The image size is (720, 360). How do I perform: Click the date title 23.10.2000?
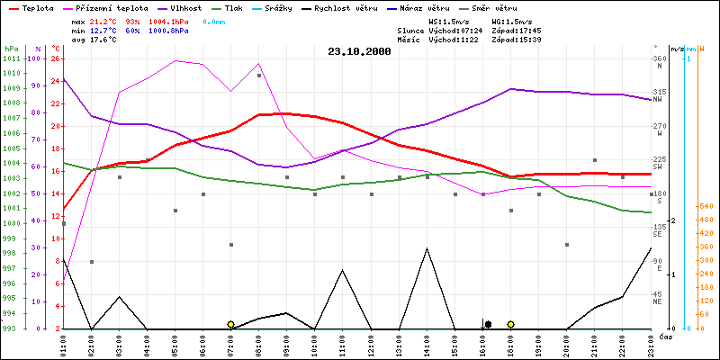point(359,52)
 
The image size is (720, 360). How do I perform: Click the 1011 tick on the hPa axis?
point(12,59)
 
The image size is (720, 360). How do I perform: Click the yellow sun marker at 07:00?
point(231,324)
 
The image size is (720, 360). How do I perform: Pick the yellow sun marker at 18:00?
point(510,324)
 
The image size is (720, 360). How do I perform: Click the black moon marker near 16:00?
point(488,324)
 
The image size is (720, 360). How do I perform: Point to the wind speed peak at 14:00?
point(427,248)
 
